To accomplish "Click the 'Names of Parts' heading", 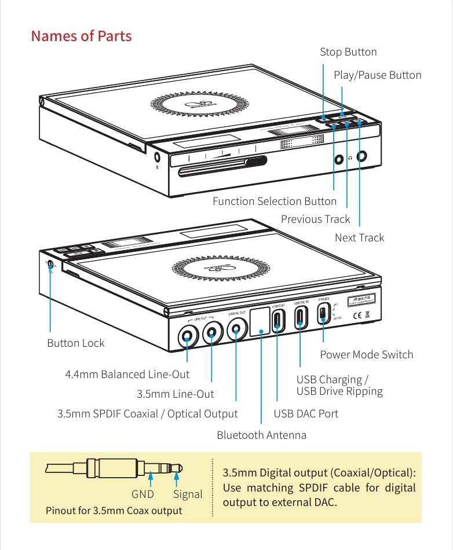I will [x=81, y=36].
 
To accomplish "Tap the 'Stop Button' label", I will [x=348, y=52].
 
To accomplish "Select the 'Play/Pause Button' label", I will [x=377, y=75].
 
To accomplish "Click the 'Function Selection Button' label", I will [x=274, y=201].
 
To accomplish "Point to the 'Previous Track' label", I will [x=315, y=219].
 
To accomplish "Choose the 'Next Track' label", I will [x=359, y=238].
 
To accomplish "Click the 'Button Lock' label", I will [x=75, y=343].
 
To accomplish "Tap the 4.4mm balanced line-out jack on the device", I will [x=189, y=334].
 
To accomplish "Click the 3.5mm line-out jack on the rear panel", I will [x=212, y=332].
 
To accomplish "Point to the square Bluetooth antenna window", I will [x=261, y=321].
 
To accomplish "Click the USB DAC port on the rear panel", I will [x=278, y=319].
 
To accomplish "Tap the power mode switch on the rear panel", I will [x=322, y=315].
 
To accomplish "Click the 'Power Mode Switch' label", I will [x=366, y=355].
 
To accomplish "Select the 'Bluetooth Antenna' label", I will [x=261, y=435].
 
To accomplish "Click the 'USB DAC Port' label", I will [x=306, y=414].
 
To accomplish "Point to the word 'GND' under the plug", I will [x=143, y=494].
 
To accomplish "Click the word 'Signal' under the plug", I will [x=188, y=494].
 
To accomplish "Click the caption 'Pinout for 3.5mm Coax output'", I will [x=114, y=511].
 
